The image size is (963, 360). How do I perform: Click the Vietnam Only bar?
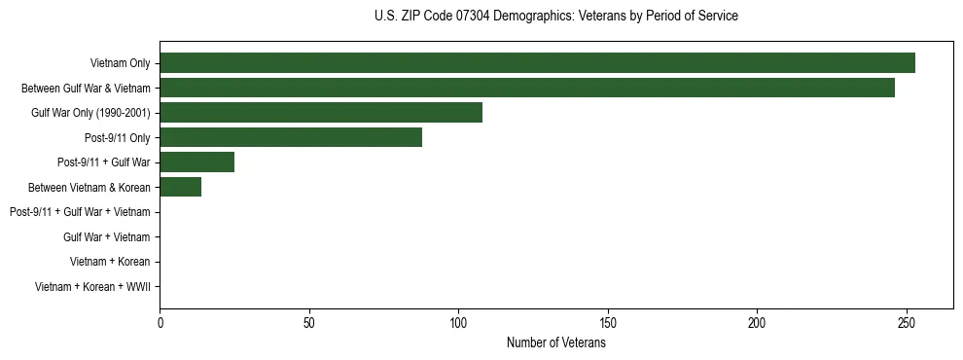[537, 63]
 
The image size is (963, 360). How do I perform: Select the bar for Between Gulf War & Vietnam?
[527, 88]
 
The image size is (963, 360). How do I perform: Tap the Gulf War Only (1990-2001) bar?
[321, 113]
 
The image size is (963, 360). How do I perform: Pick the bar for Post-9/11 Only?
[291, 137]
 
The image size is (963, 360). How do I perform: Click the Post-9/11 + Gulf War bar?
[196, 162]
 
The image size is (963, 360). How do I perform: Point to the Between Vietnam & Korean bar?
[180, 187]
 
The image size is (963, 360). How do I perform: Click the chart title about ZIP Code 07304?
[555, 17]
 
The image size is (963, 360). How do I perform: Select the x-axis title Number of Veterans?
[555, 343]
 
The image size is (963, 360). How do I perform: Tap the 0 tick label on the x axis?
[160, 323]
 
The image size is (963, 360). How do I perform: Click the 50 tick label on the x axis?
[309, 323]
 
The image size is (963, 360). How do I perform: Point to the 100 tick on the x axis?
[458, 323]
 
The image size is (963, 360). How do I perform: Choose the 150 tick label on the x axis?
[608, 323]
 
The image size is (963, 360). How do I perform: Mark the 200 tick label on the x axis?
[757, 323]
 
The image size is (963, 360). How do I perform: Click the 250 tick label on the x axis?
[907, 323]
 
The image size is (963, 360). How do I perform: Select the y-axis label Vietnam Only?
[120, 64]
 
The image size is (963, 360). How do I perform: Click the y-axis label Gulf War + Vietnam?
[106, 237]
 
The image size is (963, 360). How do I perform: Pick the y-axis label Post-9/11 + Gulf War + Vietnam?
[80, 212]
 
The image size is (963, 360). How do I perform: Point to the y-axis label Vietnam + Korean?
[110, 262]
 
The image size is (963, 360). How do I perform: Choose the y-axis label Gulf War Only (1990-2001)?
[90, 113]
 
